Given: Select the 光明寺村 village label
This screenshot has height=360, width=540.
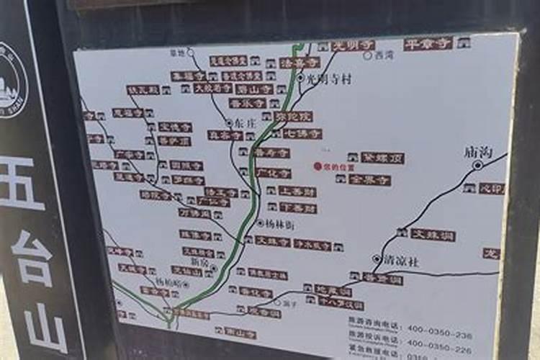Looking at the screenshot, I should [328, 79].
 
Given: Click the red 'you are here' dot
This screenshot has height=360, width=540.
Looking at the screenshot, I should [317, 166].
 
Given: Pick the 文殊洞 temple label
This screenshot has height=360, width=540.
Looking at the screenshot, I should [433, 235].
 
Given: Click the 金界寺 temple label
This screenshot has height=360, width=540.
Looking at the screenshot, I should [370, 180].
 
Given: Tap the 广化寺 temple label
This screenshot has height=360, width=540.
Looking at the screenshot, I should [274, 174].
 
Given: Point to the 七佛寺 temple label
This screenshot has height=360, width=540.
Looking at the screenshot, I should [302, 134].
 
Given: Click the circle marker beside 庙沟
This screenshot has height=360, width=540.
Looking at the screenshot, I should [477, 165].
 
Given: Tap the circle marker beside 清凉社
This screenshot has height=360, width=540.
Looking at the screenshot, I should [377, 258].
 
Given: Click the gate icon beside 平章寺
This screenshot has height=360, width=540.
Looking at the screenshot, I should [464, 42].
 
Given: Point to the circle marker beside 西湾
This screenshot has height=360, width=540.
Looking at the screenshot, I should [368, 55].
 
